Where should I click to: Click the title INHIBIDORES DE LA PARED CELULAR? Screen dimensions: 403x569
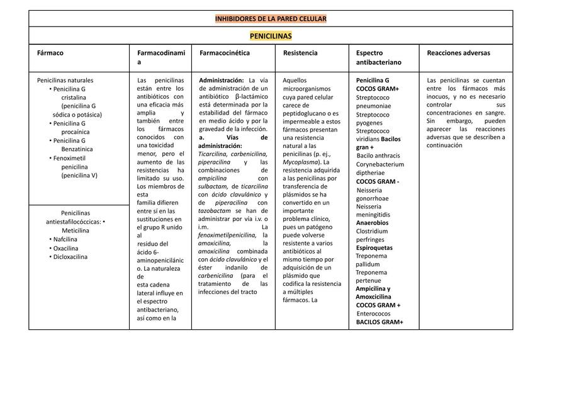271,19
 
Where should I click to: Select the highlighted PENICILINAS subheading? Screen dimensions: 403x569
271,36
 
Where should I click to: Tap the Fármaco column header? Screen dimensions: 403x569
50,54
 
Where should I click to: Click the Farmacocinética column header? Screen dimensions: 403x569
225,54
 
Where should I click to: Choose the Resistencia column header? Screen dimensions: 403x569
300,54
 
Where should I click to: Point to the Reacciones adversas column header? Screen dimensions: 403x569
458,54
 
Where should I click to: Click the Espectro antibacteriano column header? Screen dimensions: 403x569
378,58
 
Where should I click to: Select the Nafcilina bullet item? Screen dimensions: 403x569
65,239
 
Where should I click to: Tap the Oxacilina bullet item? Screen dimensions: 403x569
65,248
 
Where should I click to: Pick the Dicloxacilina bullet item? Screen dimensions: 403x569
70,257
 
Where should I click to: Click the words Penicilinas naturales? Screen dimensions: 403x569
65,81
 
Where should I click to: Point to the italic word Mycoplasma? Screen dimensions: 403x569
300,162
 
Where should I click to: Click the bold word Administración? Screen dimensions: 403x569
222,81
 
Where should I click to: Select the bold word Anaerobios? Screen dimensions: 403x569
372,223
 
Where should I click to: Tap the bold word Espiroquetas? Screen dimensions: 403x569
374,248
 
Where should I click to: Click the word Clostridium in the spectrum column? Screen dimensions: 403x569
371,231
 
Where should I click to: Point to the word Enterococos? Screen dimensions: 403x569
373,314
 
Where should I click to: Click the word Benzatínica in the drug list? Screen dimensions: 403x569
77,149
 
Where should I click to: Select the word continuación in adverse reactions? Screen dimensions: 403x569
444,145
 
